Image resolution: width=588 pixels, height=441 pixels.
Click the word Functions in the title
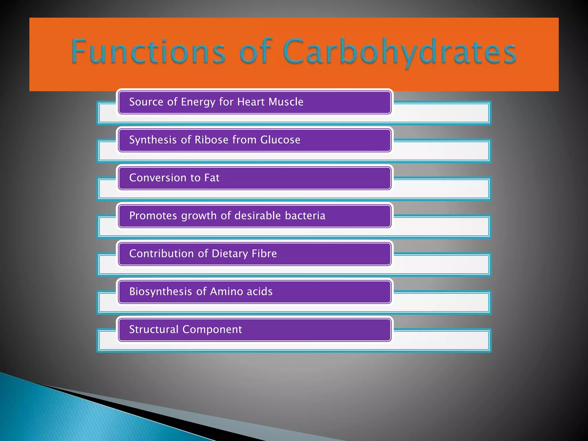[148, 52]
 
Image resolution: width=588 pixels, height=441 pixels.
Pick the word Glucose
[280, 140]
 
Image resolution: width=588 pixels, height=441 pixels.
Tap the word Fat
[212, 178]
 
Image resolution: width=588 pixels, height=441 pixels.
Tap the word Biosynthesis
[160, 292]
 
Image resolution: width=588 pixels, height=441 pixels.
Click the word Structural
[154, 329]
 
